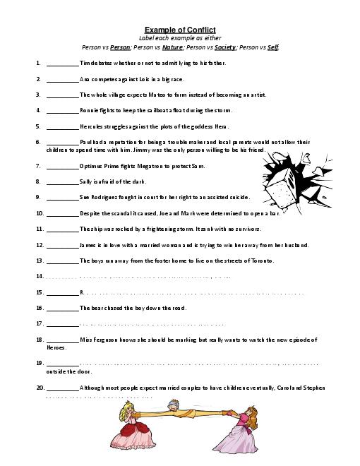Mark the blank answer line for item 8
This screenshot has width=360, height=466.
pos(62,182)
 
